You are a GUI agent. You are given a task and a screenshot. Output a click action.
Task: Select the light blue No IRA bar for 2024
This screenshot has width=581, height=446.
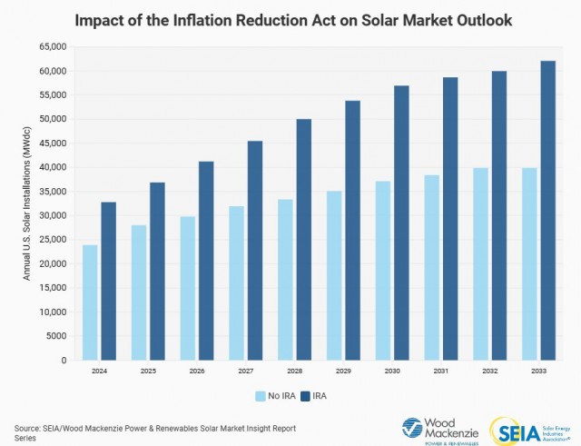[x=91, y=302]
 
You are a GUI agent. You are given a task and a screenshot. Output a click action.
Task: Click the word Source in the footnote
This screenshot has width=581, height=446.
[x=28, y=427]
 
